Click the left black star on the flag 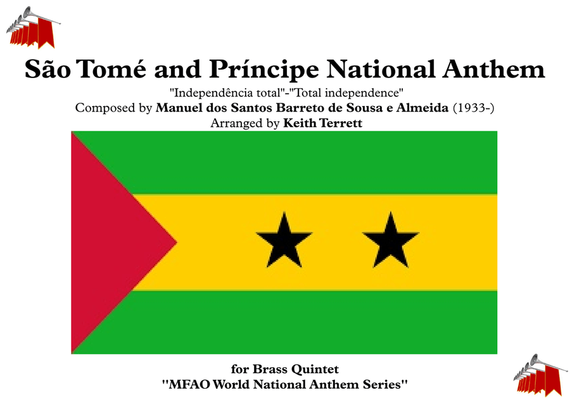click(x=284, y=241)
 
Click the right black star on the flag click(x=391, y=241)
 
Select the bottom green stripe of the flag click(x=309, y=322)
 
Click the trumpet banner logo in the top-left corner click(x=33, y=28)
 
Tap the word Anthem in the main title click(x=493, y=68)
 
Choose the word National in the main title click(x=381, y=68)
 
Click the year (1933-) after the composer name click(x=473, y=108)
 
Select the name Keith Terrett click(x=323, y=123)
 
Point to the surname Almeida click(x=422, y=108)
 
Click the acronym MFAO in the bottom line click(x=189, y=384)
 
